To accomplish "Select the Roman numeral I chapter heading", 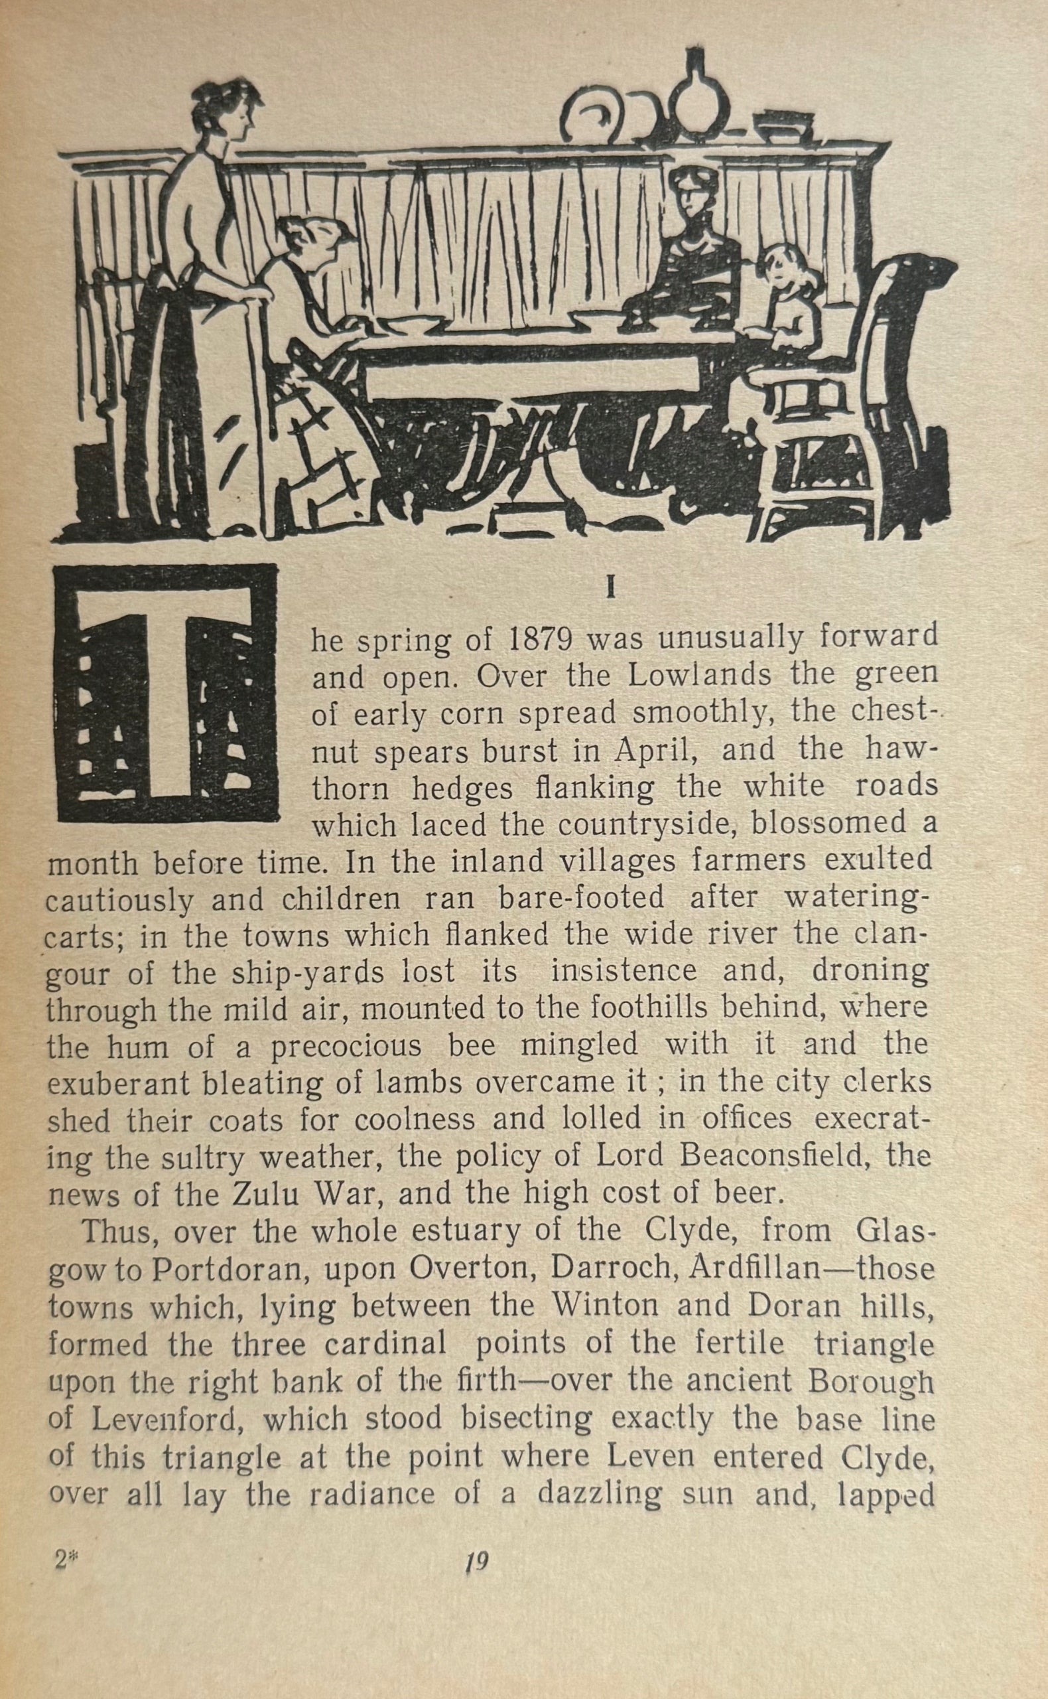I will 610,589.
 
